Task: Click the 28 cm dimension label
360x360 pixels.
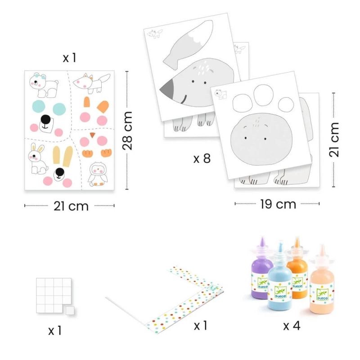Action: coord(127,130)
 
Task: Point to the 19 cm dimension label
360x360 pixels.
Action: coord(278,204)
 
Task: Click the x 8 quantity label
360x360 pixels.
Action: coord(202,158)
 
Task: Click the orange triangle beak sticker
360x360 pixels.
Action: coord(93,135)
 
